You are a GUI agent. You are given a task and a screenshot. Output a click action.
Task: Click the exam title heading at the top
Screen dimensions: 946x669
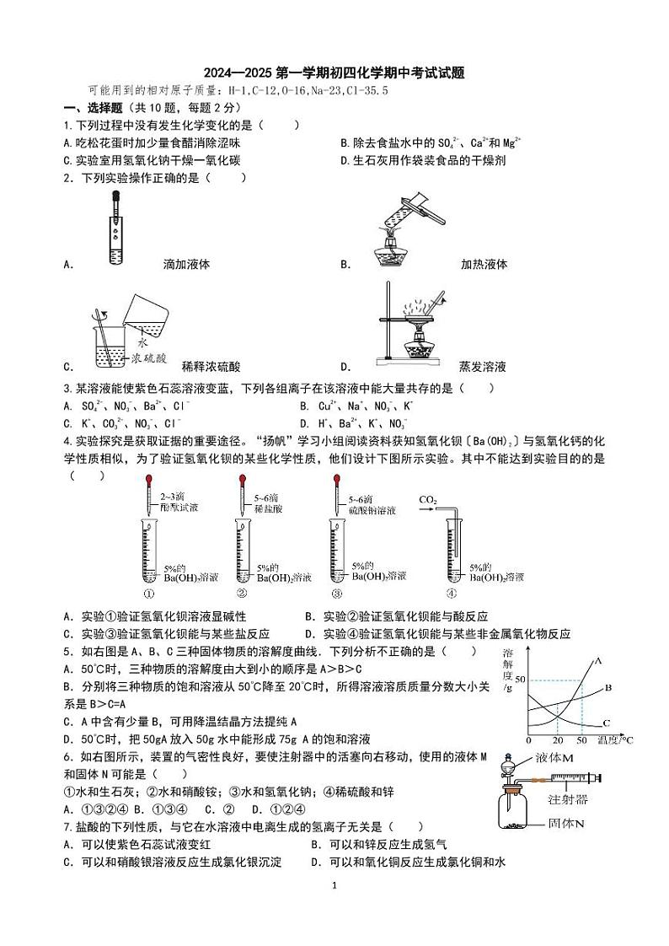click(x=334, y=74)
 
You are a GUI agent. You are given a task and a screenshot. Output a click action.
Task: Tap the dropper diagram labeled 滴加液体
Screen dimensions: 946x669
click(x=114, y=228)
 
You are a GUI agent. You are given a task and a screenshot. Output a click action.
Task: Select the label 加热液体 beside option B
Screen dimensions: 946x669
click(x=484, y=264)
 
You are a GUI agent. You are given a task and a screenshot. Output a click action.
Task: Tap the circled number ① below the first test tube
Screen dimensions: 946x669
click(x=149, y=592)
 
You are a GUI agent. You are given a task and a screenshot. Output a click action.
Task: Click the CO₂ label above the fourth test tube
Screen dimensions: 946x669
click(x=427, y=500)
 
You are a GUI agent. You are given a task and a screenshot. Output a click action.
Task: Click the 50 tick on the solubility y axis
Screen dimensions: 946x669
click(x=520, y=680)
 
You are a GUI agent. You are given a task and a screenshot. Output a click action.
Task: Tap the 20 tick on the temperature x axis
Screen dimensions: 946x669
click(x=557, y=739)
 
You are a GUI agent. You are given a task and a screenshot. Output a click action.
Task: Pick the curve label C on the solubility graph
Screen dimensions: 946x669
click(x=606, y=723)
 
